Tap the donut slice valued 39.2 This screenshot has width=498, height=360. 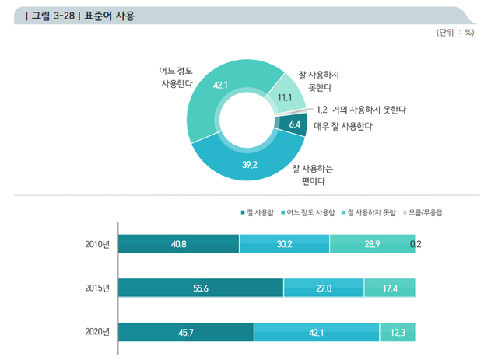point(250,164)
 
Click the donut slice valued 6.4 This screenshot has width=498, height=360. point(294,124)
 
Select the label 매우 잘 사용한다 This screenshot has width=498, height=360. point(342,126)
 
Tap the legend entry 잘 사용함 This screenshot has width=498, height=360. point(261,211)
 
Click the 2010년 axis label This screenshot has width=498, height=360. point(98,244)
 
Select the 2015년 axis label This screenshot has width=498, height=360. point(98,288)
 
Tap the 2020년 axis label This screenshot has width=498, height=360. point(98,332)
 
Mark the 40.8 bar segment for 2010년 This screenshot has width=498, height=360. point(179,244)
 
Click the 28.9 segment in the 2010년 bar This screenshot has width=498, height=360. point(372,244)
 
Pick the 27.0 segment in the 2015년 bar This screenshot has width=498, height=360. point(324,288)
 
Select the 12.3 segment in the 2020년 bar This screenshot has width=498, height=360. point(398,332)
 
